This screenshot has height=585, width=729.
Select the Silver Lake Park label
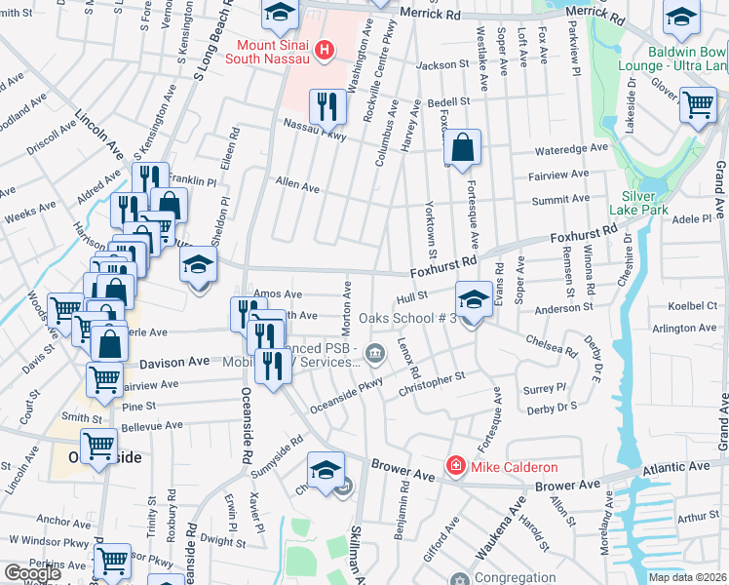click(x=639, y=201)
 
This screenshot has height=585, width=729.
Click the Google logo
click(x=32, y=573)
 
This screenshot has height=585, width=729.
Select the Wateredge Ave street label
click(x=573, y=150)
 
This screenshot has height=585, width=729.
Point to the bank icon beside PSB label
click(x=375, y=352)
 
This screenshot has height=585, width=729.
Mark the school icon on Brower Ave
click(x=326, y=470)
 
